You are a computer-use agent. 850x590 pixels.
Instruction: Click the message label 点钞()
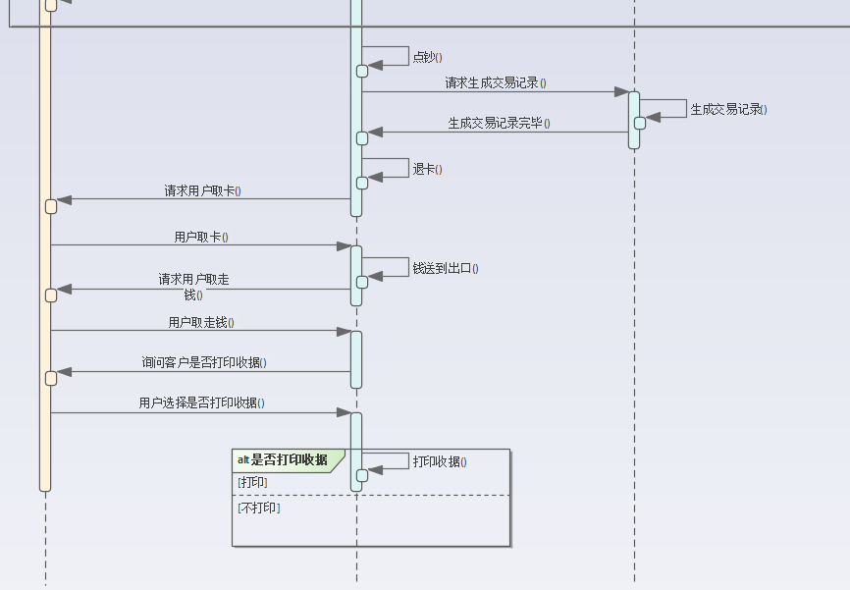(x=427, y=57)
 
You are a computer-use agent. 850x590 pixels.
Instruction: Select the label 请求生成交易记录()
(x=496, y=83)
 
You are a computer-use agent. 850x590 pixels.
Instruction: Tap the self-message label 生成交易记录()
(x=728, y=109)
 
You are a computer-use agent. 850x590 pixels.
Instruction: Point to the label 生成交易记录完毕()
(x=499, y=124)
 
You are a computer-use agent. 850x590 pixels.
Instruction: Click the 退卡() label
(x=427, y=169)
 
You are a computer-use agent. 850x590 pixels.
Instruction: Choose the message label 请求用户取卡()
(x=202, y=190)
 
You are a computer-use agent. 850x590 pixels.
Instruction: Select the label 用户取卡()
(x=201, y=237)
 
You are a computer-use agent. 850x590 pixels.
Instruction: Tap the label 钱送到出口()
(x=446, y=267)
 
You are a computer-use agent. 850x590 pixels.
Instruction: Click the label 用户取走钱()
(x=201, y=322)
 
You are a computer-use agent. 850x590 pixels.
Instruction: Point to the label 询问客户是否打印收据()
(x=204, y=362)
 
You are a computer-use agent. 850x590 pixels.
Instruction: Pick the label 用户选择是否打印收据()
(x=201, y=402)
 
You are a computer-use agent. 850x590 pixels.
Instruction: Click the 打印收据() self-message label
(x=440, y=461)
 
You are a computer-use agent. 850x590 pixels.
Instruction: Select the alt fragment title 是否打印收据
(x=289, y=459)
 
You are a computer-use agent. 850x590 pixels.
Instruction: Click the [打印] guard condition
(x=252, y=482)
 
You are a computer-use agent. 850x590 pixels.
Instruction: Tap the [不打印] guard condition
(x=258, y=508)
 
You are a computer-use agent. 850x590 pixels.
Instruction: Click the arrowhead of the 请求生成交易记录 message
(x=621, y=92)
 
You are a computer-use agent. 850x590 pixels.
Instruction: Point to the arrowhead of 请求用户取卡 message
(x=65, y=199)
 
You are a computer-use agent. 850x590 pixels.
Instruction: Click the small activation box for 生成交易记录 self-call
(x=640, y=123)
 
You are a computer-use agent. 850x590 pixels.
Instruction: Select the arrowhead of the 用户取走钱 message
(x=344, y=331)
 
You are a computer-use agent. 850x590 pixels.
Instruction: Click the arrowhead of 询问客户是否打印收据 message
(x=65, y=372)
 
